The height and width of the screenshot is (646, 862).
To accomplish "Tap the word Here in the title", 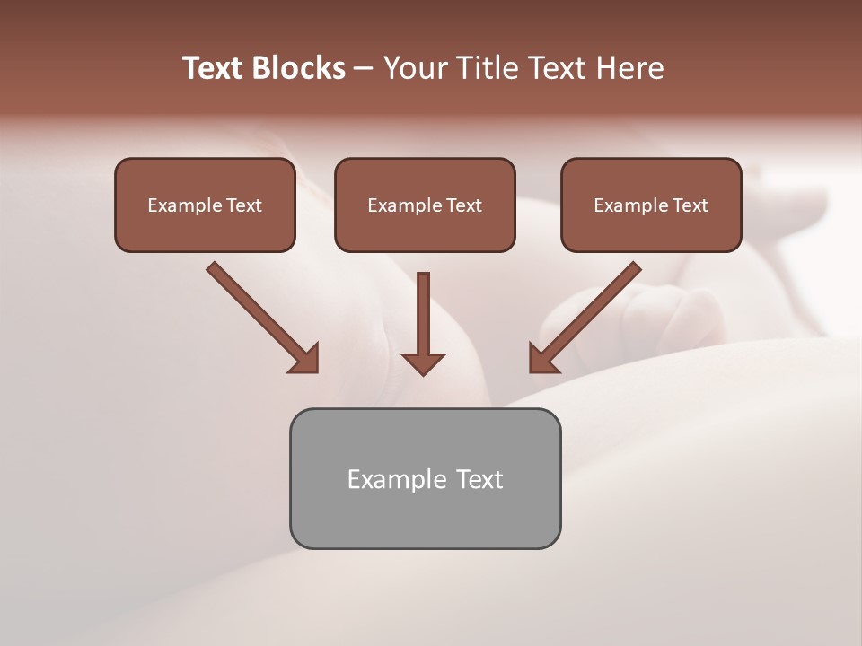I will point(630,68).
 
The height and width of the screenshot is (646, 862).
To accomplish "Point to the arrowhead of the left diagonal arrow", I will point(304,359).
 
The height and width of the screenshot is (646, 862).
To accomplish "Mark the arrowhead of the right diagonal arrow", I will point(542,359).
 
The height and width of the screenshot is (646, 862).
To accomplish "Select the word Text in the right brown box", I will point(690,205).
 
